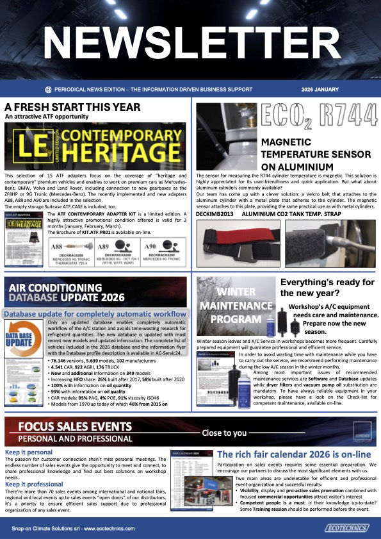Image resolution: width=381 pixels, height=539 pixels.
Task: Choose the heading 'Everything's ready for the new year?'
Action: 327,290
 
